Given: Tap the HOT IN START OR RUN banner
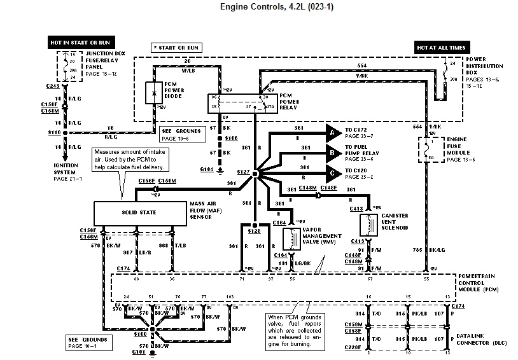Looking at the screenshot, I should coord(74,43).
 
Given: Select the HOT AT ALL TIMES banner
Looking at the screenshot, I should coord(441,48).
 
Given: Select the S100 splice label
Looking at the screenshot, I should coord(140,333).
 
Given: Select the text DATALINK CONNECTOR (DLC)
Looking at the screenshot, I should coord(482,337).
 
